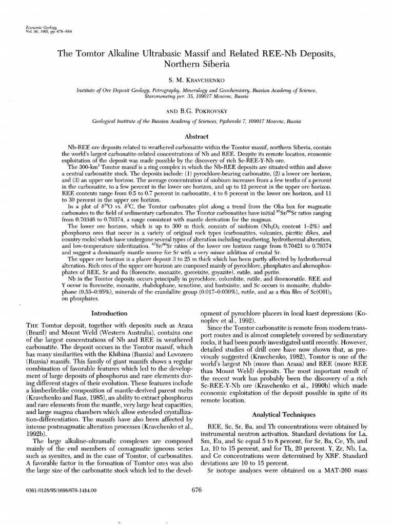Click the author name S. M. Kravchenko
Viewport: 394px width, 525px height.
(x=197, y=81)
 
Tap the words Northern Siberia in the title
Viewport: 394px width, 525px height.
(x=196, y=65)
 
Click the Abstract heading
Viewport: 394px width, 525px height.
(x=196, y=136)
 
